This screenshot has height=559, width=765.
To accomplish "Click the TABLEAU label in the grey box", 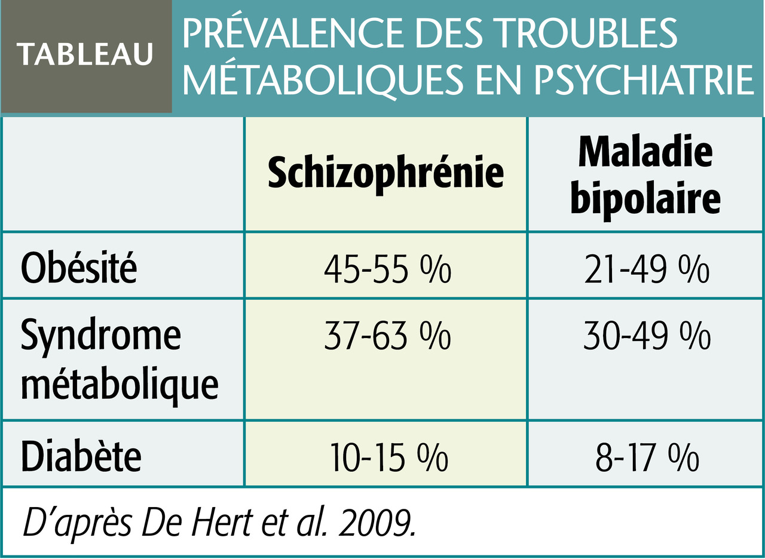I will [85, 55].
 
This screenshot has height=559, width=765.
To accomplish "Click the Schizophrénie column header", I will [385, 174].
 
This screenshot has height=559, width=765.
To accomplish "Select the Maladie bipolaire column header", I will [645, 176].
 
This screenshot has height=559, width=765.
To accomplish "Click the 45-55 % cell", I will [386, 269].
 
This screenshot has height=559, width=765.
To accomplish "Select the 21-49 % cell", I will [646, 269].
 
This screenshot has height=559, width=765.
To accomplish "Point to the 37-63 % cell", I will [386, 337].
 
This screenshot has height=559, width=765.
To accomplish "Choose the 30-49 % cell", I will [646, 337].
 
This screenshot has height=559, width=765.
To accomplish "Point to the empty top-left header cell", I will [123, 173].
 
